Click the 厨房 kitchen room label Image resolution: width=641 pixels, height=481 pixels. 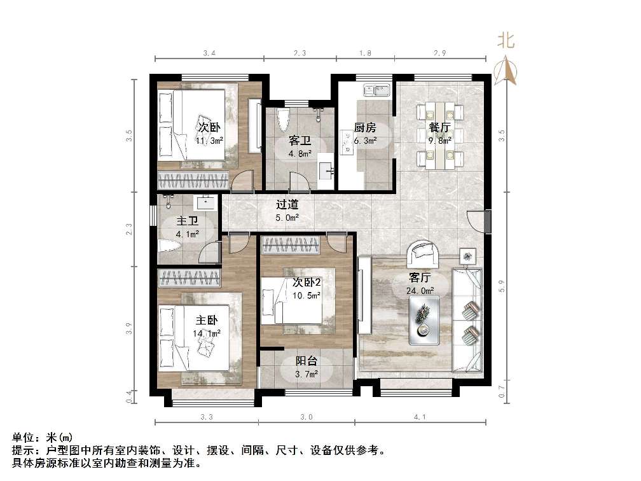tap(365, 127)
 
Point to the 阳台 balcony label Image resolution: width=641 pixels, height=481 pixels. tap(307, 361)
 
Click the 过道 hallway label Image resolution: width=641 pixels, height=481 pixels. tap(287, 205)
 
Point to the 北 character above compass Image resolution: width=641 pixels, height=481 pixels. tap(506, 41)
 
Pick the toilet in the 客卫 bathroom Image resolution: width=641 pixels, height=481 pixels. tap(284, 119)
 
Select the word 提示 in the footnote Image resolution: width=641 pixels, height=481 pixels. tap(23, 450)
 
